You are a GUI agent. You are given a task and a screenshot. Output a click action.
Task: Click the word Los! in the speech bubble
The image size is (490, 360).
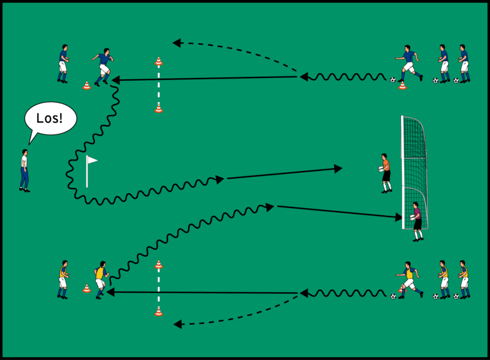point(50,118)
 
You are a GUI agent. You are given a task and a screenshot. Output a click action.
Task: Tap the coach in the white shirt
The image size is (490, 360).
point(24,171)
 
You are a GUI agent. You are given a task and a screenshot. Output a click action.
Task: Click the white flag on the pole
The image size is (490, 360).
point(92,160)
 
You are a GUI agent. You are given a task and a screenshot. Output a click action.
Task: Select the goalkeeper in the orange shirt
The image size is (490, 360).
point(385,173)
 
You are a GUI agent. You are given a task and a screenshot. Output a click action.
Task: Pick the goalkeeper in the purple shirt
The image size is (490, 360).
point(417,221)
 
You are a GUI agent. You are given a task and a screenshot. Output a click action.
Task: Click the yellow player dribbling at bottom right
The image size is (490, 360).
point(408,279)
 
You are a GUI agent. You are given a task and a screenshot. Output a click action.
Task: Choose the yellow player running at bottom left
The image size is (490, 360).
point(101,279)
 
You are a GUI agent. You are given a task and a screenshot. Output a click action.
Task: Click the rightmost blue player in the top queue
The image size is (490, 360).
point(463,62)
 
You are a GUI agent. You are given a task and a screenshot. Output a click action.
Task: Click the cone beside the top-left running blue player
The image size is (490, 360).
point(87,85)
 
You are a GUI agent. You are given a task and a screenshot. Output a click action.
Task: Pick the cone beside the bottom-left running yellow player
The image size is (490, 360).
point(87,288)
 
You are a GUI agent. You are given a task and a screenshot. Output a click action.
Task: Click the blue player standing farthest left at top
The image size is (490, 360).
point(63,63)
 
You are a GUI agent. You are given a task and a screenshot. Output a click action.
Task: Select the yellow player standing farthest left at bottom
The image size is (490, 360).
point(63,279)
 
